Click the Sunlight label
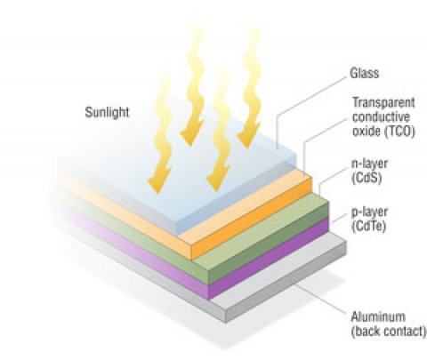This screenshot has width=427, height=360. [107, 113]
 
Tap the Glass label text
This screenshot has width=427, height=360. [365, 73]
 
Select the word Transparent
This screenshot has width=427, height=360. [383, 102]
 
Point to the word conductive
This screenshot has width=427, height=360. [381, 116]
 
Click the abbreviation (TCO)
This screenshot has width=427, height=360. [399, 132]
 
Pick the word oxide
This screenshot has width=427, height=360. [367, 132]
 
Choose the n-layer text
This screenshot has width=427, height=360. [369, 164]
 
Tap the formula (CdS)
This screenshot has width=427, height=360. [367, 178]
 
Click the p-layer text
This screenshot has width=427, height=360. [369, 212]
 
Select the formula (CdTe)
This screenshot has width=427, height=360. [368, 227]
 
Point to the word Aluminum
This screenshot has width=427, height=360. [378, 316]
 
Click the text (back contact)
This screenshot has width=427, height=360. [389, 331]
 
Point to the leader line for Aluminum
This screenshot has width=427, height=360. [322, 300]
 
